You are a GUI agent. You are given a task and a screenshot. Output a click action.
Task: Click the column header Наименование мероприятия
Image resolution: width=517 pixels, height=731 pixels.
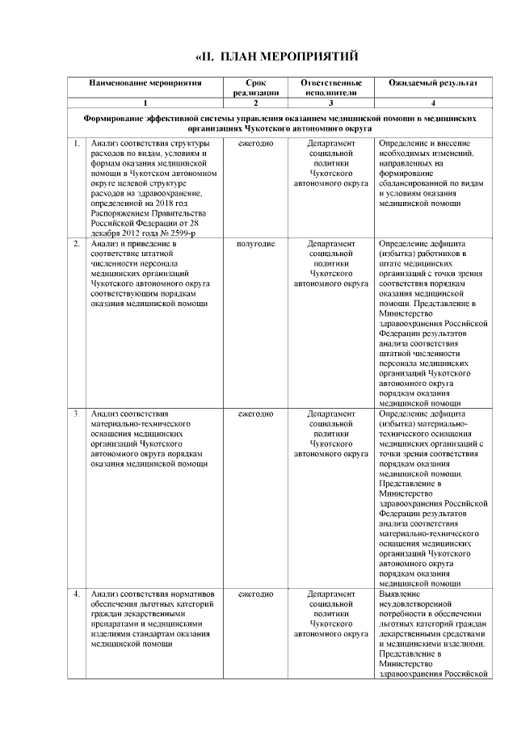tap(145, 83)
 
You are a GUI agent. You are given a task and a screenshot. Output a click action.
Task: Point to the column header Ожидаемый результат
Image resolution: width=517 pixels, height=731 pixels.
tap(433, 83)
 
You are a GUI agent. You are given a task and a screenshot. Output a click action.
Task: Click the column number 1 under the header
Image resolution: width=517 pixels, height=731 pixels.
tap(145, 103)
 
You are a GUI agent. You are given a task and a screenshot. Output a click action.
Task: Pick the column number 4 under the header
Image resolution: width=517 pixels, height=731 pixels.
tap(433, 103)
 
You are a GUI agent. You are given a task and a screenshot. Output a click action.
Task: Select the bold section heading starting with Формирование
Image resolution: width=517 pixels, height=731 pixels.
tap(280, 123)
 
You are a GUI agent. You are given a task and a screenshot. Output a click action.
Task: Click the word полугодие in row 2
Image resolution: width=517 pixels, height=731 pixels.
tap(255, 243)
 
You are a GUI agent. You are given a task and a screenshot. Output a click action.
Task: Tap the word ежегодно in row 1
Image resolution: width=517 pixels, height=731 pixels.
tap(255, 144)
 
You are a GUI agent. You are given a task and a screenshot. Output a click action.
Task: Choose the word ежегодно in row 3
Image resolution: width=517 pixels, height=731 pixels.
tap(255, 414)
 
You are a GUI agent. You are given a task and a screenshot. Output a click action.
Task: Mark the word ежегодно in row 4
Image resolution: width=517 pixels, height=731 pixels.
tap(255, 594)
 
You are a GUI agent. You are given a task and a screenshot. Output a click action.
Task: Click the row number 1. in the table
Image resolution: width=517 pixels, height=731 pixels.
tap(76, 144)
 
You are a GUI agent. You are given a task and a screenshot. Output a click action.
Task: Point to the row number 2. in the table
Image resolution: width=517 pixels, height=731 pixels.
tap(76, 243)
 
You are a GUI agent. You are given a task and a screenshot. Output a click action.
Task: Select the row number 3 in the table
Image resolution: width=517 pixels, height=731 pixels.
tap(76, 414)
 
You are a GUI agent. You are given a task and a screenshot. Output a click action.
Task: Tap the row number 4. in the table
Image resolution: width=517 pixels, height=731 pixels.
tap(76, 594)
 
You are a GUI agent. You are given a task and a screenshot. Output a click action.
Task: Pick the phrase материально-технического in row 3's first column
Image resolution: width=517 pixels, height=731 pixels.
tap(141, 423)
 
